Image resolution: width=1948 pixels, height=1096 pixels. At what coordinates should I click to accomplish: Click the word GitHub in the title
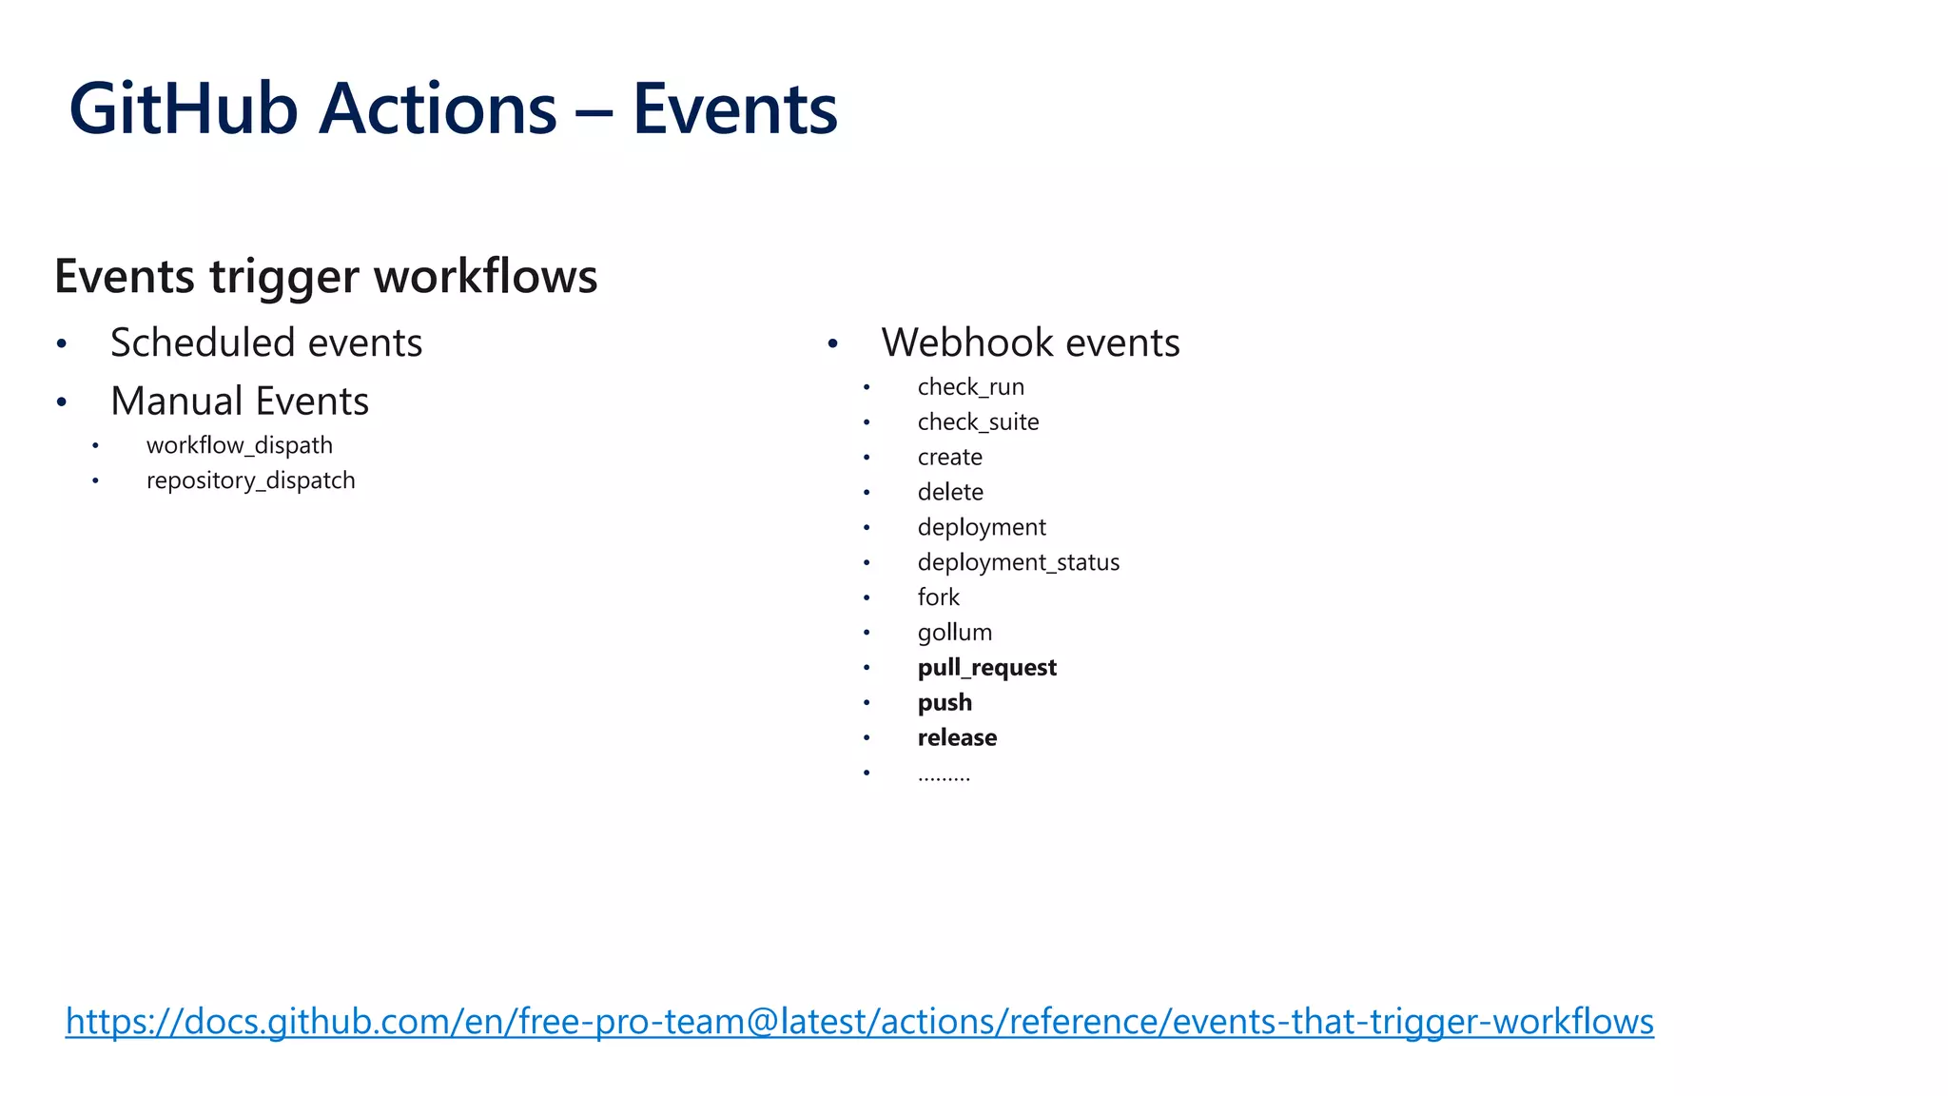point(184,109)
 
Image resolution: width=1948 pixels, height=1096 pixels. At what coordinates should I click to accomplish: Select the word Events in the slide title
point(734,109)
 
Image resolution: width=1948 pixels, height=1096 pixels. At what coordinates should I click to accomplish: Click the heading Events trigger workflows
point(325,277)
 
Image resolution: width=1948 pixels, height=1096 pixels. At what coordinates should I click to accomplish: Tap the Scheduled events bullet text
point(266,342)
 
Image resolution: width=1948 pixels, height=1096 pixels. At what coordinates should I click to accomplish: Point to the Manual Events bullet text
point(240,401)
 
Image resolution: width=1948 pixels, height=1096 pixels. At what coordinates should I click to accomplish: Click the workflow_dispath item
point(240,445)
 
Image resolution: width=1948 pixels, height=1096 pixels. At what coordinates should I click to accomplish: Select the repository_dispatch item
point(250,480)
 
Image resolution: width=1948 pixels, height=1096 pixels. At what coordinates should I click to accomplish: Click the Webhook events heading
point(1030,342)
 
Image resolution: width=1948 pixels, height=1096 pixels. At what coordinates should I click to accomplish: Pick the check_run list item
point(970,387)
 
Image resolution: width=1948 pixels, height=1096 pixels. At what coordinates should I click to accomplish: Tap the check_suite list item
point(978,422)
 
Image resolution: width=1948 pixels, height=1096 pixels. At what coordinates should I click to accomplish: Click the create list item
point(949,458)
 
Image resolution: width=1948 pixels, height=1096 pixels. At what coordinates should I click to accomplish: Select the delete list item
point(950,492)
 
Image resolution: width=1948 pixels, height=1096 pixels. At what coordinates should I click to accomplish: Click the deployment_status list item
point(1018,562)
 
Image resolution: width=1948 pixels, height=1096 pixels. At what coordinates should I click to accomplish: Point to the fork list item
point(938,597)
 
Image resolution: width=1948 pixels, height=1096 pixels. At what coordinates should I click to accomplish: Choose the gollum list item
point(954,633)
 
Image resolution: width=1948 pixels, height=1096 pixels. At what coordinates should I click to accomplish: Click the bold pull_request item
point(986,668)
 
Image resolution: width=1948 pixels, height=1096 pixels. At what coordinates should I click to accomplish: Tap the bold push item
point(945,703)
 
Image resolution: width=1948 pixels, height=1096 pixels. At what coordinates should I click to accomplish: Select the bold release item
point(957,737)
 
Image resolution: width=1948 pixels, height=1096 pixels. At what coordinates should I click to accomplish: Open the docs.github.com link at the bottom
point(859,1022)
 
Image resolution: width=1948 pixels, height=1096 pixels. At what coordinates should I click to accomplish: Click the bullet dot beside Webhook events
point(832,343)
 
